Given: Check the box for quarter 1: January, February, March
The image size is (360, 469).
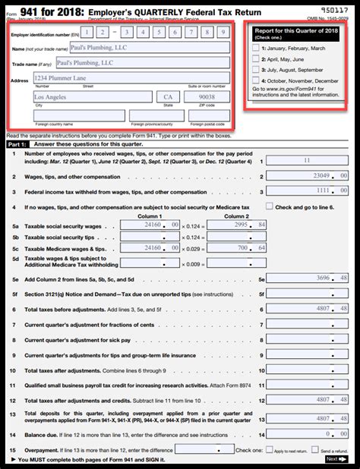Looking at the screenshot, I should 255,47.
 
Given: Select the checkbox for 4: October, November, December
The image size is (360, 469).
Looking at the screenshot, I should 255,80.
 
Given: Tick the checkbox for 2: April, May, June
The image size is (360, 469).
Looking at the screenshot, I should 255,58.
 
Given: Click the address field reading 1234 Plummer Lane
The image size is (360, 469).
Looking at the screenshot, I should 131,77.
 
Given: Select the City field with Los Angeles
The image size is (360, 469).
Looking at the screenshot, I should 92,97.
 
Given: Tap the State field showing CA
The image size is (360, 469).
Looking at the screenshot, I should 168,97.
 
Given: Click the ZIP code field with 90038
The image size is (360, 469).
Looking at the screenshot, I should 207,97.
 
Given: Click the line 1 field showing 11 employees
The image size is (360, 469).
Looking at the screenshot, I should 307,161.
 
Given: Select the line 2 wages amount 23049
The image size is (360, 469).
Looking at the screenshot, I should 307,176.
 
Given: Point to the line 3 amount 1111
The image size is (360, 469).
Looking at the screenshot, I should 307,192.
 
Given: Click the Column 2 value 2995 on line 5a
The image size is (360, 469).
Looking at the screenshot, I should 237,225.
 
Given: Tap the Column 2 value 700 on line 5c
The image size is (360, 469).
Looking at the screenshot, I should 237,248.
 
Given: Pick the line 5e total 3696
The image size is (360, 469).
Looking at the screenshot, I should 307,279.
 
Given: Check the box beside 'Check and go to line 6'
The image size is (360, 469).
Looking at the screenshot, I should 269,206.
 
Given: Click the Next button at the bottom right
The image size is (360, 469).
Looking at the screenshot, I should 335,459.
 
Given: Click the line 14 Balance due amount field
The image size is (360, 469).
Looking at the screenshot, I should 307,433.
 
